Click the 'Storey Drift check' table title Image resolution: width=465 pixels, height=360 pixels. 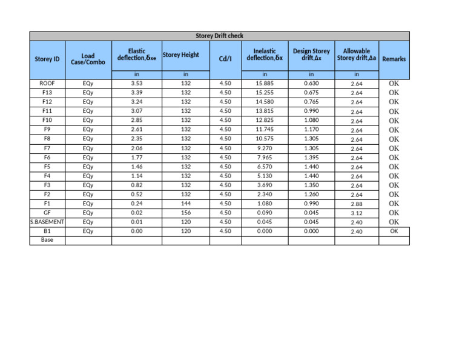pos(220,36)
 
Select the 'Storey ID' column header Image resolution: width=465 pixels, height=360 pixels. pos(47,59)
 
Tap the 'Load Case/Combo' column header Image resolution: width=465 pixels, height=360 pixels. pos(88,59)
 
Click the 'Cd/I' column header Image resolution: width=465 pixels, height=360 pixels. pos(225,59)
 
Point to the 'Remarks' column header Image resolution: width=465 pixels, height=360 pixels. pos(394,59)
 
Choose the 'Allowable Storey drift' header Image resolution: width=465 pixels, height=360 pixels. pos(357,55)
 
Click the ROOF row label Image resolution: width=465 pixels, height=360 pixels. pos(47,84)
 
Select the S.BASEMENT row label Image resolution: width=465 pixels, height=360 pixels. pos(47,222)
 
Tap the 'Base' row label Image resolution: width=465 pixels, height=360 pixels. pos(47,240)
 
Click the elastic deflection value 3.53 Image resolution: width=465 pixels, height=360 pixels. pos(136,84)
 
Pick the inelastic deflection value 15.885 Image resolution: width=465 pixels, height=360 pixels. pos(265,84)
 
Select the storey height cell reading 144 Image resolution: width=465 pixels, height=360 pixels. pos(185,204)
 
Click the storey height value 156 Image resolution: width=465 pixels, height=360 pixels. pos(185,213)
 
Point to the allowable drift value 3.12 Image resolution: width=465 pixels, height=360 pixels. pos(357,213)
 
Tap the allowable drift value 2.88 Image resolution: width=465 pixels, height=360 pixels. pos(357,204)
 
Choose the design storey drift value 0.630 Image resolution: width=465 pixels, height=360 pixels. pos(311,84)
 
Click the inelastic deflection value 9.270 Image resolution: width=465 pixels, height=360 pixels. pos(265,148)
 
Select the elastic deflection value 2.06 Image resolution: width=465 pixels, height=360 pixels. pos(136,148)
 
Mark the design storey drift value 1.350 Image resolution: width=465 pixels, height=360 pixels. pos(311,185)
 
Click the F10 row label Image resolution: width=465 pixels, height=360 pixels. pos(47,121)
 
